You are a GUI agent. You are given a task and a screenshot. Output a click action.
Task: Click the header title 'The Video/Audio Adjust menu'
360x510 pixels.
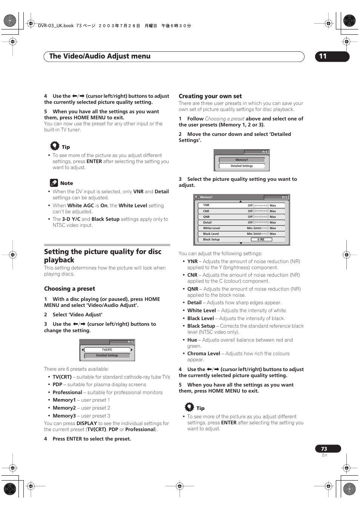click(x=100, y=56)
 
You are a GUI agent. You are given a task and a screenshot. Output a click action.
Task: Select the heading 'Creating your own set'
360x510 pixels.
click(x=210, y=96)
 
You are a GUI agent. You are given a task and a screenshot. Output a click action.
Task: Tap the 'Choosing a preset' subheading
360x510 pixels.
click(x=69, y=289)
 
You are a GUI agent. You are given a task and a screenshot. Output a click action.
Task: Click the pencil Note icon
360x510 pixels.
click(x=54, y=183)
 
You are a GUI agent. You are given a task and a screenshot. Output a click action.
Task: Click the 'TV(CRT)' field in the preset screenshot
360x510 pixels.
click(x=107, y=350)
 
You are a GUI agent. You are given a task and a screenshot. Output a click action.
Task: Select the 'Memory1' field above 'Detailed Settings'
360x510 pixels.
click(x=242, y=160)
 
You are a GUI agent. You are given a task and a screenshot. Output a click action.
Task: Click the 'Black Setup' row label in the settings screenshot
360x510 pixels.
click(x=211, y=240)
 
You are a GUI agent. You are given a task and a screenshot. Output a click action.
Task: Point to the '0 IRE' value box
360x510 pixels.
click(x=261, y=240)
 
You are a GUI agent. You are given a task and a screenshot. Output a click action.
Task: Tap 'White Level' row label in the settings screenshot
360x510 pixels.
click(x=211, y=228)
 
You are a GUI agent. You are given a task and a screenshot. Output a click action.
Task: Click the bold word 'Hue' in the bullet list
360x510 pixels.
click(x=192, y=340)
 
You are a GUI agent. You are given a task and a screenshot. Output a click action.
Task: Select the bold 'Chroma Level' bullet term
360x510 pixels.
click(x=204, y=354)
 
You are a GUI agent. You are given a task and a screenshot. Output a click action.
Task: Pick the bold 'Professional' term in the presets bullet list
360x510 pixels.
click(x=67, y=393)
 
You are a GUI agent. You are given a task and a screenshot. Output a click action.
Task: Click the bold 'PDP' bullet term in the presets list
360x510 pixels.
click(x=57, y=385)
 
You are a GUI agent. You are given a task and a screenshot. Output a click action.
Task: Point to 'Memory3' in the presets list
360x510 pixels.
click(x=64, y=416)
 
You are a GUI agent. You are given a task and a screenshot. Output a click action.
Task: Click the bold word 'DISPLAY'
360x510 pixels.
click(x=87, y=424)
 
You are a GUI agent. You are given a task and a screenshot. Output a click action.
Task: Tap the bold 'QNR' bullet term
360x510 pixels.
click(x=193, y=289)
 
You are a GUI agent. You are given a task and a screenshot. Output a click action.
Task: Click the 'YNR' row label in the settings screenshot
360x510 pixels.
click(x=206, y=205)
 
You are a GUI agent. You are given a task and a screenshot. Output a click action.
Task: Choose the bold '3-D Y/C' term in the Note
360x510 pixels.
click(x=71, y=219)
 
